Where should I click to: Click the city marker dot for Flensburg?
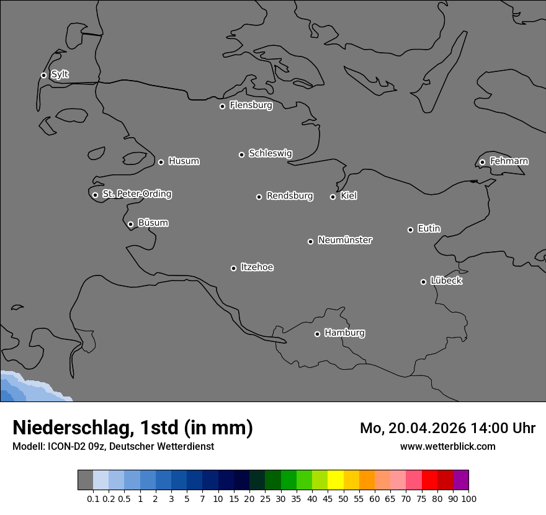(222, 106)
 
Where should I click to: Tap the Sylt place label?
(60, 74)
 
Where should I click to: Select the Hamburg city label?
(344, 333)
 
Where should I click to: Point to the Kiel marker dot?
(333, 197)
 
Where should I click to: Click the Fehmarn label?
(509, 161)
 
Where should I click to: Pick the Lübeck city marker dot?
(423, 282)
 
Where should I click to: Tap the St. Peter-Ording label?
(136, 194)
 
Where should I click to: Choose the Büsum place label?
(153, 223)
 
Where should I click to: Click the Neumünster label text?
(345, 240)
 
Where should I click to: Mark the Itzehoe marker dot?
(233, 268)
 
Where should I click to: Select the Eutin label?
(429, 228)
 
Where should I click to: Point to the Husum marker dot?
(161, 162)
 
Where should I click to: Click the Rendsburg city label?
(290, 196)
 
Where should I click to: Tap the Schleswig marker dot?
(241, 154)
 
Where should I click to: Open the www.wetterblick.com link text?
(447, 446)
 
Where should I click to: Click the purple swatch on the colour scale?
(461, 480)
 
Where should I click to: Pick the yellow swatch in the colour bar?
(336, 480)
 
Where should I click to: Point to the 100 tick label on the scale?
(469, 499)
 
